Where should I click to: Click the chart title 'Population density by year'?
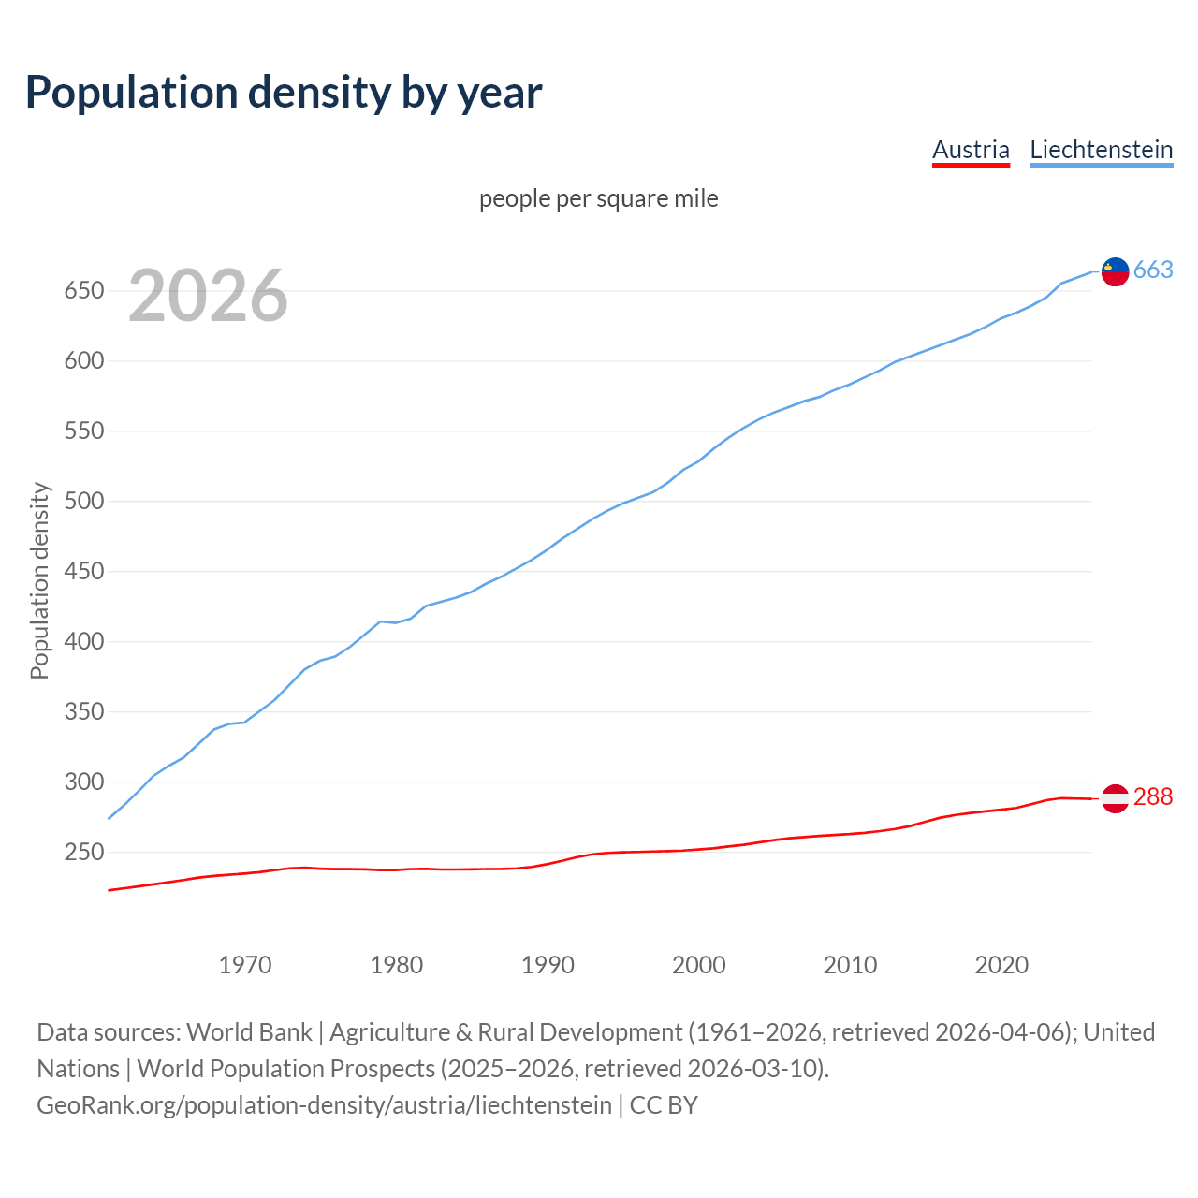coord(284,92)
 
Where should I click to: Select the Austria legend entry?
coord(971,150)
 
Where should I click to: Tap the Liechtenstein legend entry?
coord(1101,150)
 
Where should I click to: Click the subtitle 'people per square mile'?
coord(599,198)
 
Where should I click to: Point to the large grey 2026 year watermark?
coord(208,296)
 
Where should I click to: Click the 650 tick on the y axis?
coord(82,291)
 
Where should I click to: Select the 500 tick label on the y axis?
coord(82,502)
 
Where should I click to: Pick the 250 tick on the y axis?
coord(82,853)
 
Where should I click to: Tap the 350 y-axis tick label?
coord(82,712)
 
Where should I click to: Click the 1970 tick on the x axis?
coord(245,965)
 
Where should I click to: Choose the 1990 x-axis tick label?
coord(548,965)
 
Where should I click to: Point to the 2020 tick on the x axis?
coord(1001,965)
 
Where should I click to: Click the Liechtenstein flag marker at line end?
coord(1115,271)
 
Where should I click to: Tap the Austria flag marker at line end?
coord(1115,798)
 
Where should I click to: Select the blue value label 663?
coord(1153,270)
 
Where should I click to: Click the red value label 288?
coord(1153,796)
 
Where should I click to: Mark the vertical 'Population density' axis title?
coord(39,580)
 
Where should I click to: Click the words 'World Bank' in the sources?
coord(249,1032)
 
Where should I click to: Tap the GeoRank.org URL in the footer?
coord(324,1105)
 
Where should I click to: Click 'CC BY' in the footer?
coord(664,1105)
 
